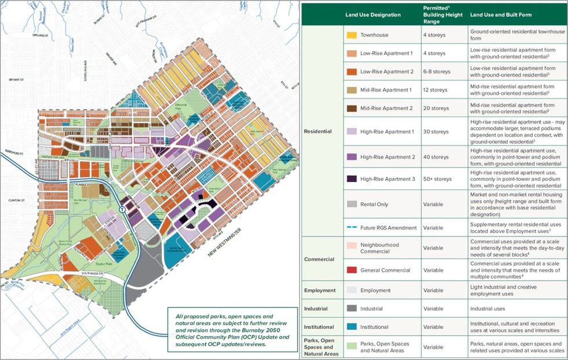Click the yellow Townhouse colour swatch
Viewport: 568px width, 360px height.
coord(352,34)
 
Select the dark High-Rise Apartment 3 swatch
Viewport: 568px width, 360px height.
coord(352,179)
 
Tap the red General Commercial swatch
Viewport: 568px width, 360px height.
coord(352,270)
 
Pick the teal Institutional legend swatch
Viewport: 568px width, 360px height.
coord(352,327)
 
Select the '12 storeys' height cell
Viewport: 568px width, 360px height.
coord(434,90)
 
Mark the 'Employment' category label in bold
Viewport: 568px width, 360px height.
coord(320,290)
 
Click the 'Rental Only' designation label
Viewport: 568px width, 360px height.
coord(377,203)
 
